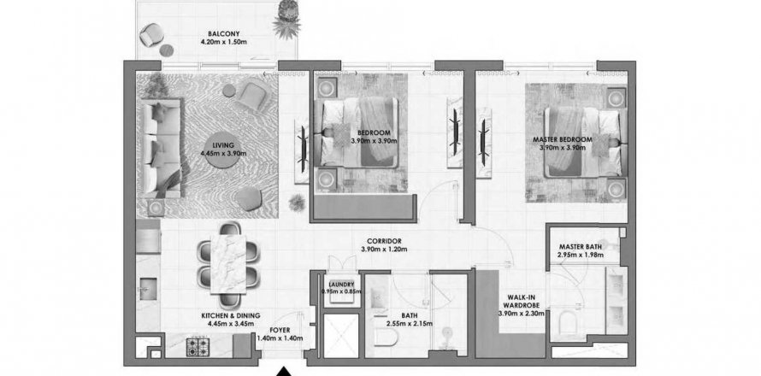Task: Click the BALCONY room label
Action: coord(223,34)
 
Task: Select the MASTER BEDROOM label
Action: coord(563,139)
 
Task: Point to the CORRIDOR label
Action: coord(383,241)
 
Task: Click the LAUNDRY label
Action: coord(342,285)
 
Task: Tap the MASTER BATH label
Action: coord(581,246)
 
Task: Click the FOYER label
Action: coord(280,331)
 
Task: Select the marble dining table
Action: coord(228,264)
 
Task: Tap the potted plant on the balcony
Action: coord(286,21)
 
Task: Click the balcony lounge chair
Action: coord(150,35)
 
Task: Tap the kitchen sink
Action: coord(148,287)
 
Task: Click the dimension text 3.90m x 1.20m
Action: coord(384,250)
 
